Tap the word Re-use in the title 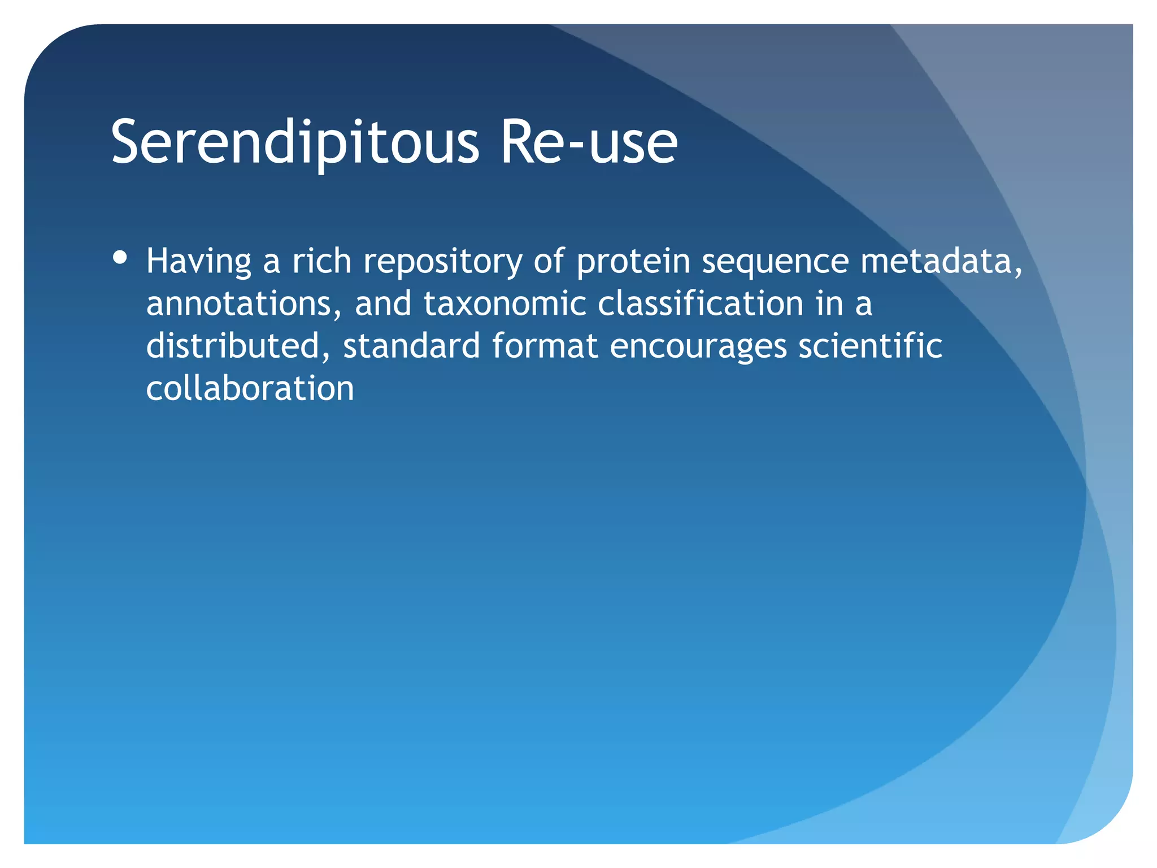click(x=589, y=142)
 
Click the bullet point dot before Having click(x=120, y=258)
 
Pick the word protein click(x=633, y=262)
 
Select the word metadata click(x=941, y=262)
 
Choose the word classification click(x=701, y=303)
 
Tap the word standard click(x=411, y=346)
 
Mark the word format click(x=545, y=346)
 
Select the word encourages click(x=698, y=347)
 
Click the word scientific click(x=870, y=346)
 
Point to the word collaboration click(x=250, y=388)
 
